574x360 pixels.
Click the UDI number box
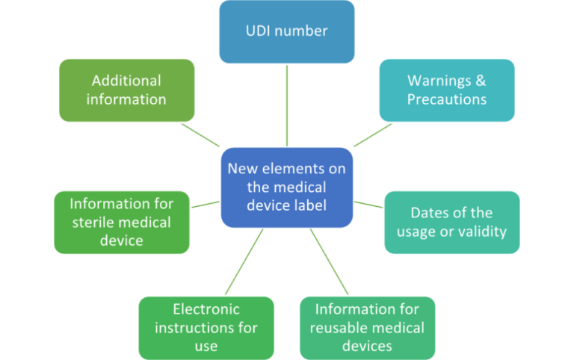[x=287, y=31]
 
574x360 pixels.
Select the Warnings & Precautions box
[x=447, y=90]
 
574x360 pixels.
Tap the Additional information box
[x=126, y=90]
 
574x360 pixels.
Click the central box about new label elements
[x=287, y=187]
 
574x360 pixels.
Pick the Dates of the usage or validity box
[x=451, y=222]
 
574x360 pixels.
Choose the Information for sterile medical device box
[x=122, y=222]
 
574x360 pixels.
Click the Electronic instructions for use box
[x=206, y=327]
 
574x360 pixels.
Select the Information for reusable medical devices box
[x=367, y=327]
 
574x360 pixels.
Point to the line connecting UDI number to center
[x=287, y=105]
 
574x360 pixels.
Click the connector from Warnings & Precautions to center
[x=372, y=134]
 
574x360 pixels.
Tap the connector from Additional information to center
[x=200, y=134]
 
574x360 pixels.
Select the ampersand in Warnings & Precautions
[x=481, y=81]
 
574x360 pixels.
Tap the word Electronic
[x=206, y=308]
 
